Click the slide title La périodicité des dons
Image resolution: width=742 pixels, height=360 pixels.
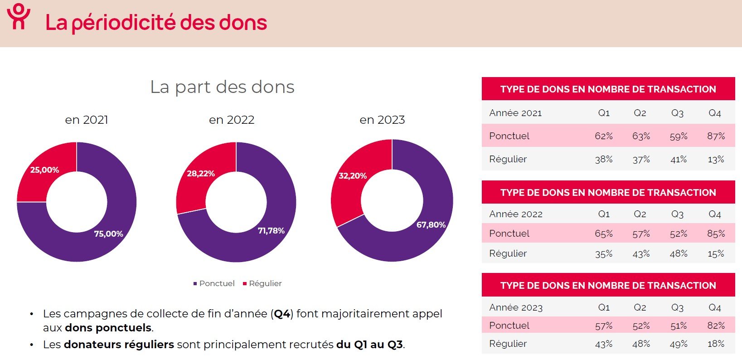(x=156, y=23)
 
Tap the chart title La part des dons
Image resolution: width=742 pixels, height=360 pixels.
(x=222, y=87)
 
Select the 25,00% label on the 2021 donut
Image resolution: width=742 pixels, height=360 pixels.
(x=44, y=170)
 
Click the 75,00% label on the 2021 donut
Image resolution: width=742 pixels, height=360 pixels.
(x=108, y=234)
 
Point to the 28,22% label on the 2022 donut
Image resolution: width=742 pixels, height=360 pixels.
(x=200, y=174)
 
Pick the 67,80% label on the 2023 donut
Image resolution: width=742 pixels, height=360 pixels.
(x=431, y=225)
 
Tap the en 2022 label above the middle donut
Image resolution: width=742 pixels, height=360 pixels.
(x=231, y=120)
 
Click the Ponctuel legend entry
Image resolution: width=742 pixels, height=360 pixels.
(x=214, y=283)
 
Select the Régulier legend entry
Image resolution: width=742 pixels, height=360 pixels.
(x=262, y=283)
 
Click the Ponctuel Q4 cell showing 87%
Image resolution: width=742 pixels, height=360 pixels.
(x=716, y=136)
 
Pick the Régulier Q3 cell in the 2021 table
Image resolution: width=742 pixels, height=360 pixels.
(x=678, y=160)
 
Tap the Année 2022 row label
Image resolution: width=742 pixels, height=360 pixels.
(x=516, y=214)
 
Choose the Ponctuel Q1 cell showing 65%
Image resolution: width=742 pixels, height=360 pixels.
(x=603, y=234)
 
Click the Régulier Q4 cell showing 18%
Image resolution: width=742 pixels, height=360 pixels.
(x=716, y=344)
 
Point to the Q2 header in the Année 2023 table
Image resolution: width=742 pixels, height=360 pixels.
(x=640, y=307)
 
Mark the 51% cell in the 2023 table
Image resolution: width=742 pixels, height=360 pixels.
(x=678, y=326)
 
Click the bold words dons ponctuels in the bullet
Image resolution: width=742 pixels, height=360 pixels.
(x=108, y=328)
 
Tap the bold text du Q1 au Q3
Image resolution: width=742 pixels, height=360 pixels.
(x=369, y=345)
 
